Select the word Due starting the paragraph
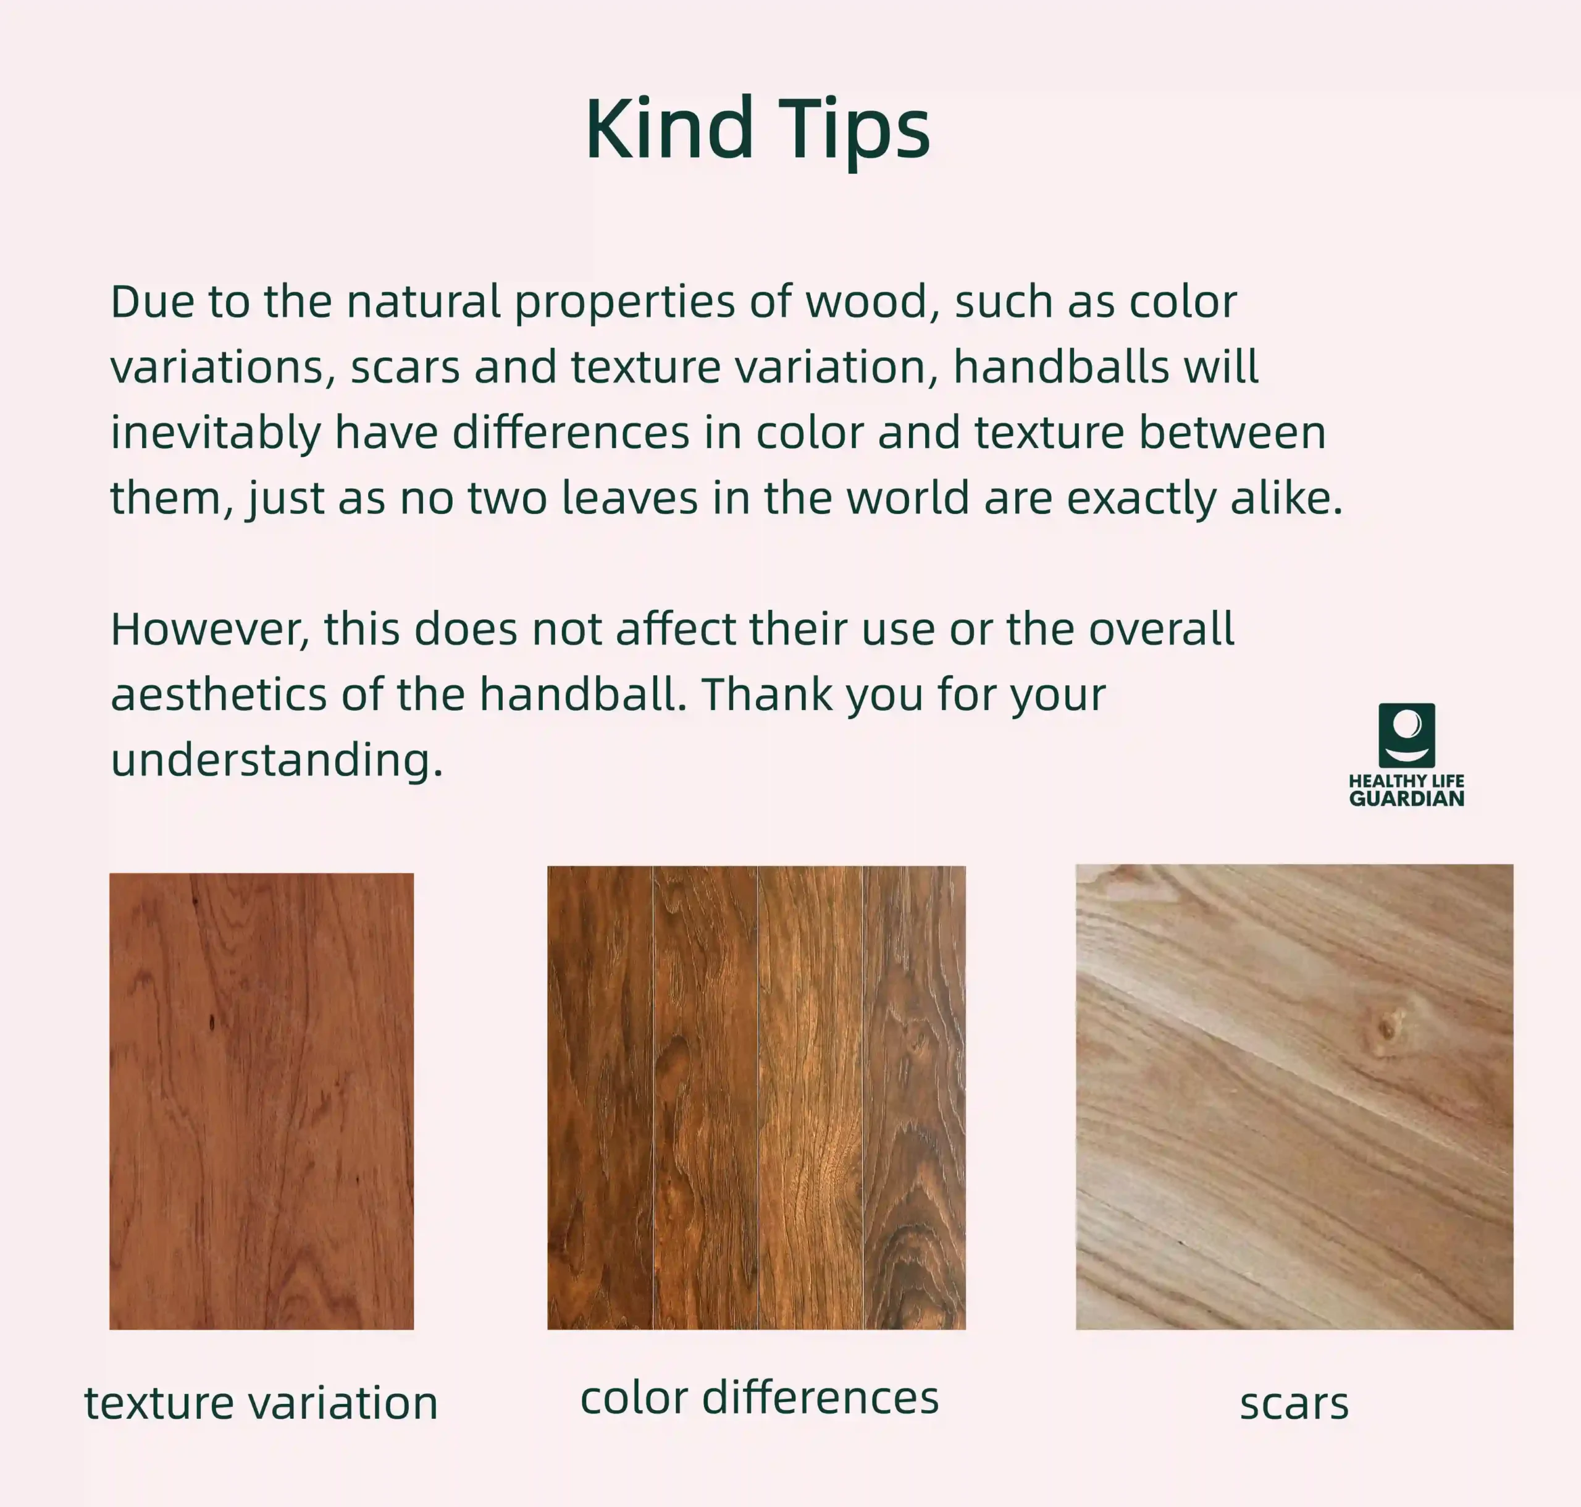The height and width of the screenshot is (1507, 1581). pyautogui.click(x=152, y=302)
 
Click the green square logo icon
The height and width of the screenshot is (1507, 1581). pyautogui.click(x=1407, y=736)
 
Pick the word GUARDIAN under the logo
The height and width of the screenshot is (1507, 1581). pyautogui.click(x=1407, y=798)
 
